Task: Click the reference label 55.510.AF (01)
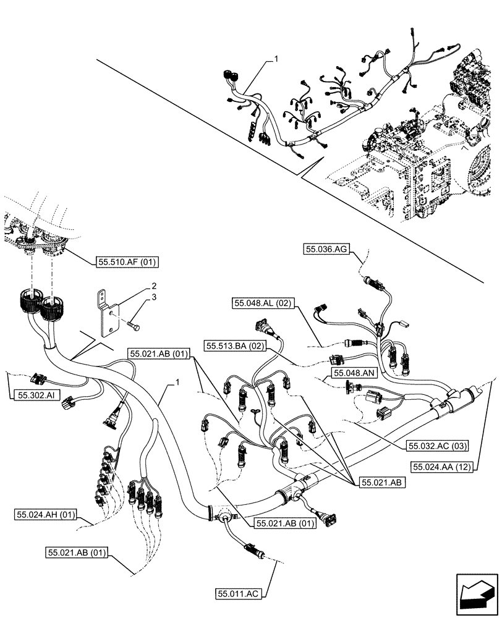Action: tap(127, 262)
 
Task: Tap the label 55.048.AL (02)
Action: tap(265, 303)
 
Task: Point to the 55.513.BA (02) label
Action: tap(236, 346)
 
